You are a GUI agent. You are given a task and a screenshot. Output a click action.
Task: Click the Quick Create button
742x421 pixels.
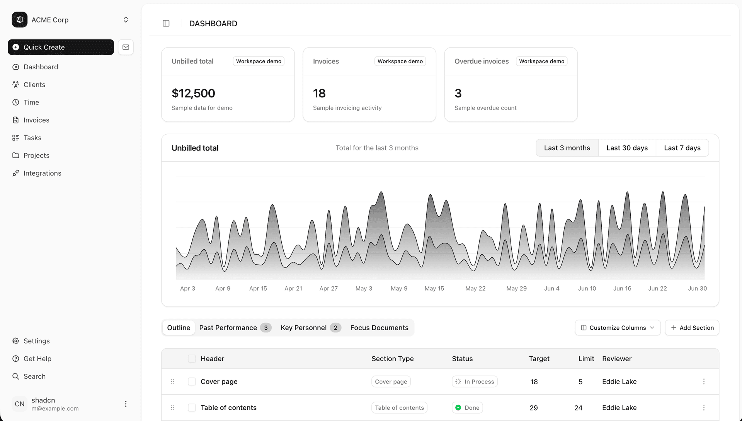pos(61,47)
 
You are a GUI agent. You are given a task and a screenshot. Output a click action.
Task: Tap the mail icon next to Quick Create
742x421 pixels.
pos(126,47)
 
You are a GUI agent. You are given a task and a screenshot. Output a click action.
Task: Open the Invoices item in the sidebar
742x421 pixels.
pos(36,120)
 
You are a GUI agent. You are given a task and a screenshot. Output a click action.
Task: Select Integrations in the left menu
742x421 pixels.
pos(42,173)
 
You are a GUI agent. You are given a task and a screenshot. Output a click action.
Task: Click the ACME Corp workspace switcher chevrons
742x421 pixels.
pos(126,20)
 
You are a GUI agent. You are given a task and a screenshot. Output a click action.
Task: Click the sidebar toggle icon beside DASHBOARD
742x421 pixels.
pos(166,24)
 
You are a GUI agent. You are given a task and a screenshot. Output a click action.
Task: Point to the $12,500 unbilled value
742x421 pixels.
pos(193,93)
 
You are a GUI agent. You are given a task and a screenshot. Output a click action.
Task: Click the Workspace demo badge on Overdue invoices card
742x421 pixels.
pos(541,61)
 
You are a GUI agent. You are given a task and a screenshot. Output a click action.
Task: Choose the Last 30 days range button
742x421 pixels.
pos(627,148)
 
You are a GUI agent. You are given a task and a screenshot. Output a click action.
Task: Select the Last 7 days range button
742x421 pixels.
pos(682,148)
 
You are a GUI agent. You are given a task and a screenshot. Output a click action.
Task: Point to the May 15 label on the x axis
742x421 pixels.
pos(434,289)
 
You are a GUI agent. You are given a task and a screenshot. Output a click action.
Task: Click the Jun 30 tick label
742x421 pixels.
pos(697,289)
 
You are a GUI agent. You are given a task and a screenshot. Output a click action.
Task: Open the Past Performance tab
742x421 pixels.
pos(228,328)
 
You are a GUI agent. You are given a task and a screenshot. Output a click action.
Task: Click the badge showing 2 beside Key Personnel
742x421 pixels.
pos(335,328)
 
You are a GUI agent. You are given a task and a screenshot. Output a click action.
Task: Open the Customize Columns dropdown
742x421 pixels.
pos(618,328)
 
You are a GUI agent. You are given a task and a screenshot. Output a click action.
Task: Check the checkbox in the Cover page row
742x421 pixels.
pos(192,382)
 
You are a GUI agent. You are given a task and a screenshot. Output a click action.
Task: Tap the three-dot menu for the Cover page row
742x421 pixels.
pos(704,382)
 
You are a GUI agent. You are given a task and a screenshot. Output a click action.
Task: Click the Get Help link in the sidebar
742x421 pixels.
pos(37,359)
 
